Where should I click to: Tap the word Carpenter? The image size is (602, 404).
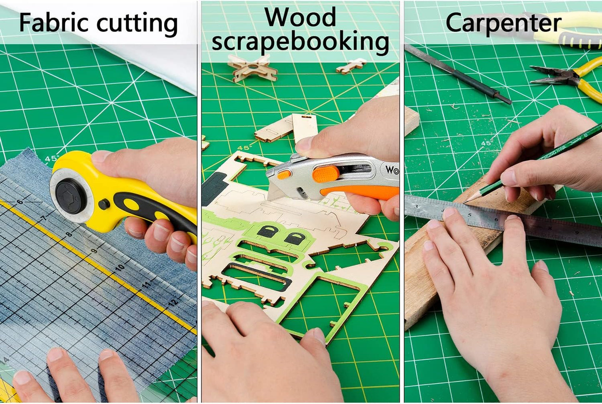pos(503,23)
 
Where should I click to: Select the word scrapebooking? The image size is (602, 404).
pos(300,42)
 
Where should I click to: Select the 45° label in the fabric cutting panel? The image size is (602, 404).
pos(52,159)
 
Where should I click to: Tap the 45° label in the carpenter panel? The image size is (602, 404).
pos(486,143)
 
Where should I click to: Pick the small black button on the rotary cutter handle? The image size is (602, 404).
pos(104,204)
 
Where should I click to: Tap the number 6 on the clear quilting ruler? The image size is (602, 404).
pos(19,202)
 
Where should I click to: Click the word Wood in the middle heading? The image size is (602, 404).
pos(300,18)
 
